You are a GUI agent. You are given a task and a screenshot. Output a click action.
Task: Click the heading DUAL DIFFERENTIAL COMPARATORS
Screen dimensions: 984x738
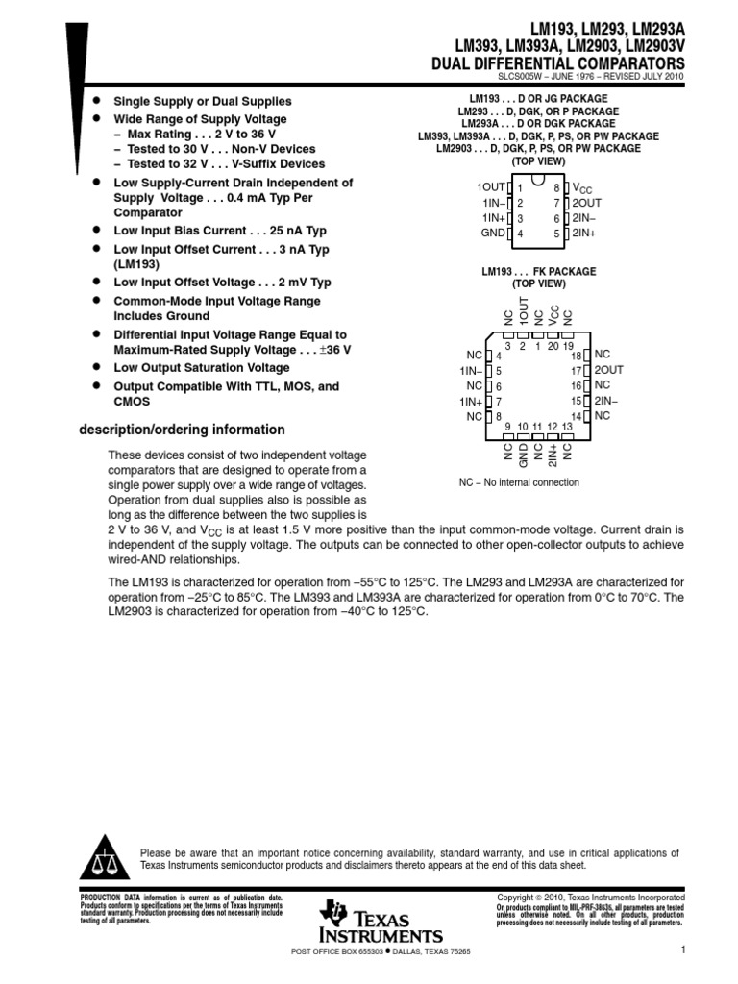click(x=561, y=62)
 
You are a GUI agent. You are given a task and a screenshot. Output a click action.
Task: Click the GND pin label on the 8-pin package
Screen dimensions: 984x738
click(x=492, y=234)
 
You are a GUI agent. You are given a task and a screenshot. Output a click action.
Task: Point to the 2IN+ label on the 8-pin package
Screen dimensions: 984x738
click(x=584, y=234)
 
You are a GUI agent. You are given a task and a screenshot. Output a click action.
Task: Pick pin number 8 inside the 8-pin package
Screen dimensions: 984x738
click(x=556, y=188)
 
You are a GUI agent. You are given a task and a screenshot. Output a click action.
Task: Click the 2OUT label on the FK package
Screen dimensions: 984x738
click(x=609, y=370)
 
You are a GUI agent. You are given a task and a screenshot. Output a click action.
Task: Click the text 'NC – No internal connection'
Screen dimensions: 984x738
click(x=519, y=482)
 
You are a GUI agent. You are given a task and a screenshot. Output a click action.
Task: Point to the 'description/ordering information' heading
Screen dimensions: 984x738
click(x=182, y=430)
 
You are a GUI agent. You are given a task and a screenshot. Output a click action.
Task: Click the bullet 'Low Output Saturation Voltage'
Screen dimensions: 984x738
click(x=201, y=368)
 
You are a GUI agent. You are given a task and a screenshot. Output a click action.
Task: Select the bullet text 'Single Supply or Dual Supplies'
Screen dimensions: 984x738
click(x=203, y=101)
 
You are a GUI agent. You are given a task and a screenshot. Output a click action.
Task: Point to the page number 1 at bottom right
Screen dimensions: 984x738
click(x=680, y=951)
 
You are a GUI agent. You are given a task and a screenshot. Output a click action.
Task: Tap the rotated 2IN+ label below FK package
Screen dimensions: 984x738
click(x=553, y=455)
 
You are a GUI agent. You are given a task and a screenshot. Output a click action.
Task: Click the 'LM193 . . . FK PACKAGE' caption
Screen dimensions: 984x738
click(x=538, y=272)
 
